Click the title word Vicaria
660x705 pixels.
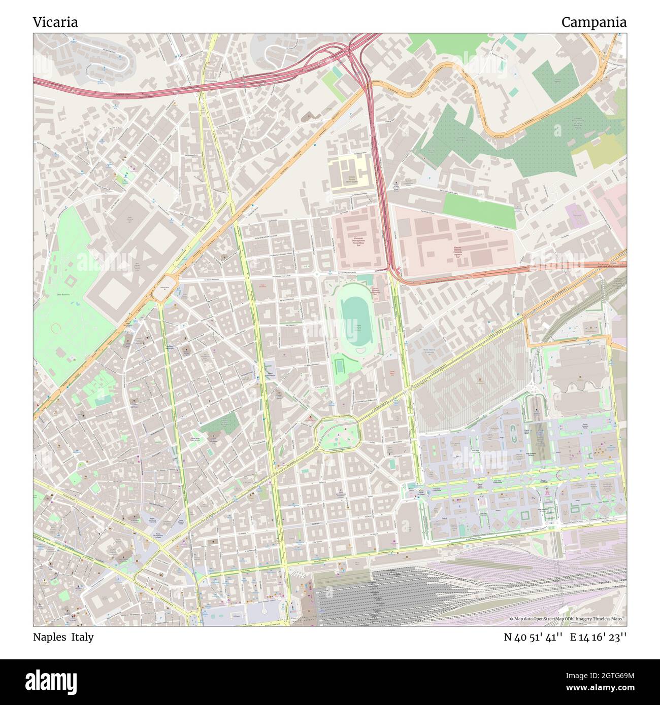click(x=55, y=22)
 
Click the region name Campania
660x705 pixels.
click(x=593, y=22)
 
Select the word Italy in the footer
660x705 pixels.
click(x=82, y=637)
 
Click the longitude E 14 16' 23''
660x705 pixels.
click(x=598, y=637)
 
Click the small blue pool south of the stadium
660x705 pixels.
click(x=339, y=365)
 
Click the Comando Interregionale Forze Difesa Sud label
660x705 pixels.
click(x=355, y=241)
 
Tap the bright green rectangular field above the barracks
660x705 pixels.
click(x=478, y=210)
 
